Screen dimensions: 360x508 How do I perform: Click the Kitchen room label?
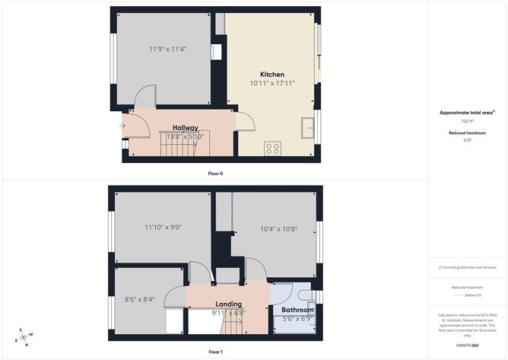[x=272, y=74]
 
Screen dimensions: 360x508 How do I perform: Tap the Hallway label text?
[x=185, y=127]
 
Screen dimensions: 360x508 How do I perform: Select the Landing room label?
[x=228, y=304]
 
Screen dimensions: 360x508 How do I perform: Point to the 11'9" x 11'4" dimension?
[x=167, y=49]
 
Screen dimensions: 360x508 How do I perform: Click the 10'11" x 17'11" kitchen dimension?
[x=272, y=82]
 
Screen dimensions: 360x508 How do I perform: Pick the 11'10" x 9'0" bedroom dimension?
[x=164, y=227]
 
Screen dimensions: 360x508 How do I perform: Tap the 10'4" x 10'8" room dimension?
[x=279, y=228]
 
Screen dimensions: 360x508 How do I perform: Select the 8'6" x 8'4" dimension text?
[x=140, y=299]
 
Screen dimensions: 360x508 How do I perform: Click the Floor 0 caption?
[x=216, y=174]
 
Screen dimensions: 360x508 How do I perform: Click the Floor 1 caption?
[x=216, y=352]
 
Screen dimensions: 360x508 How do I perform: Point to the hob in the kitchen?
[x=272, y=148]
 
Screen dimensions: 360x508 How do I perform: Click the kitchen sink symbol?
[x=308, y=127]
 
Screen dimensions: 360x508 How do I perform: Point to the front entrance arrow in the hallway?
[x=122, y=126]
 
